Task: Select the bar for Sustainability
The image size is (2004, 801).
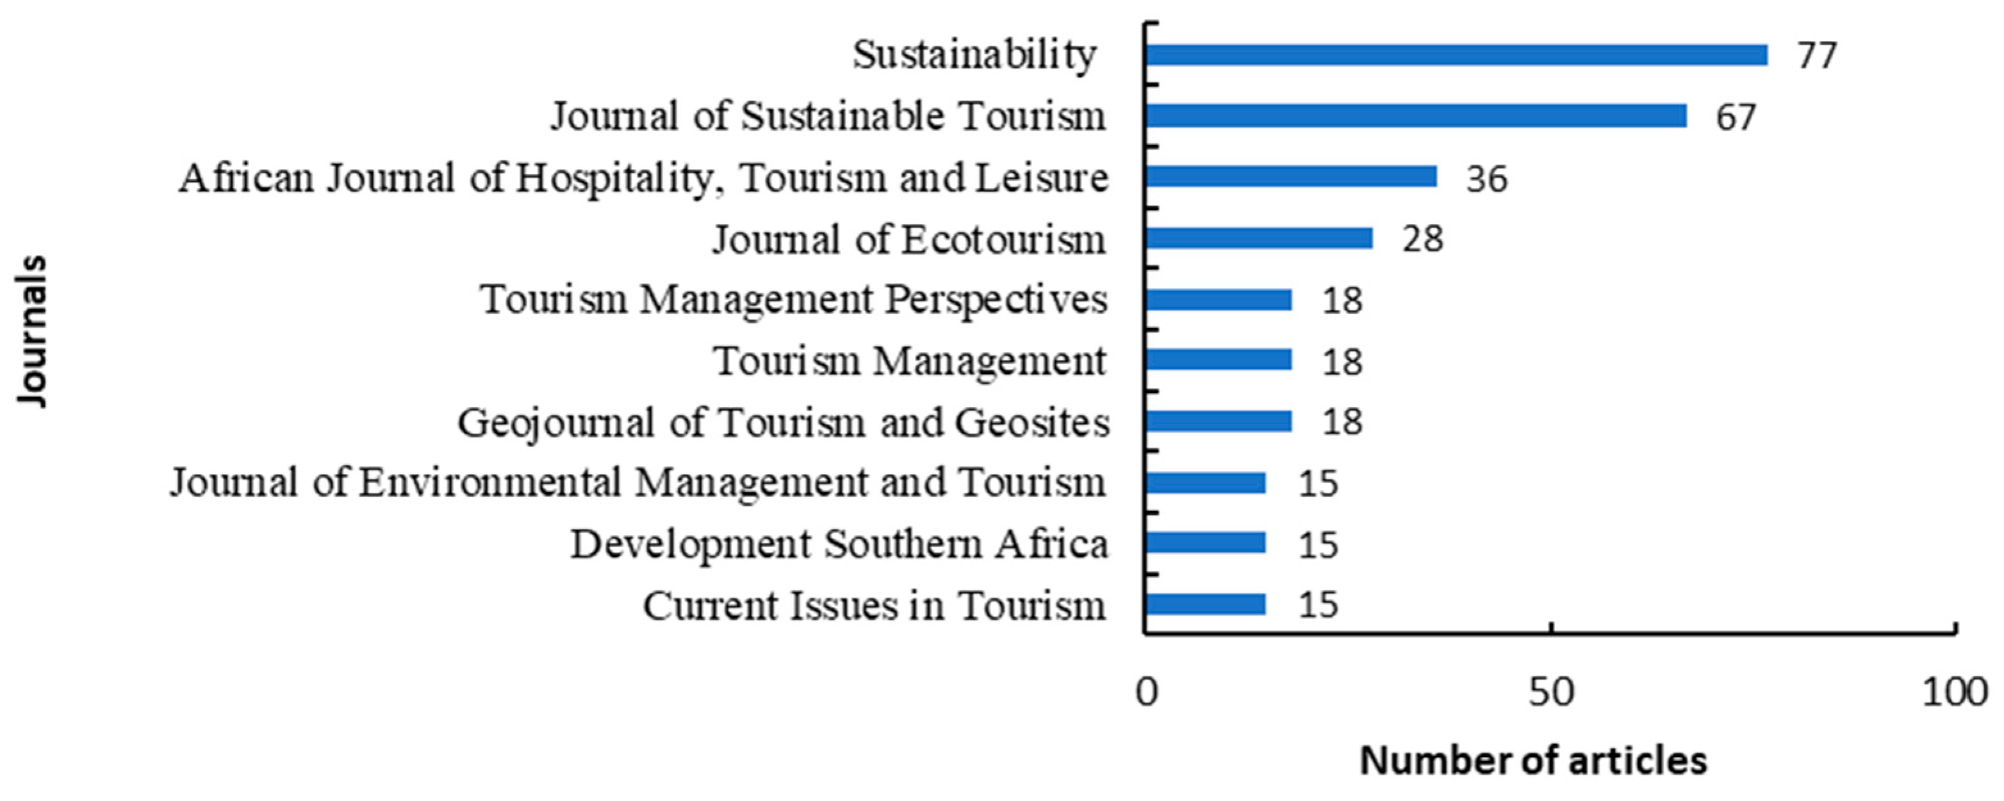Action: [x=1456, y=55]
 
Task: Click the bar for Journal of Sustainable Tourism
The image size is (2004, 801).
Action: [x=1416, y=116]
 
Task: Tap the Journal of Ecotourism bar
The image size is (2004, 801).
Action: [x=1259, y=238]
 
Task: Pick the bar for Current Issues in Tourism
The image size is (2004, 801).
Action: [x=1205, y=604]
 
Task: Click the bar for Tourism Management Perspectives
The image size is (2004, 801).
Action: [x=1219, y=300]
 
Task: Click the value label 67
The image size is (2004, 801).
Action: [x=1736, y=117]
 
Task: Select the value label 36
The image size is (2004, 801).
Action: [x=1486, y=178]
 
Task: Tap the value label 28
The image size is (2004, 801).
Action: [x=1422, y=239]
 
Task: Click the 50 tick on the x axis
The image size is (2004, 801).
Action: [x=1550, y=692]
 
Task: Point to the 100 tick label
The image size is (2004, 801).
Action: [x=1954, y=692]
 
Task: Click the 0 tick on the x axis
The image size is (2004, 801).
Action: [x=1147, y=692]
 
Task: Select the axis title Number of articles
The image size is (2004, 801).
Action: [x=1532, y=761]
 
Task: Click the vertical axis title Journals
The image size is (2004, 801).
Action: [x=33, y=330]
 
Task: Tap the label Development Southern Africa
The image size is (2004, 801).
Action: [x=839, y=544]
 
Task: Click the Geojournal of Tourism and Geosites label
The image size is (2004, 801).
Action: [x=783, y=423]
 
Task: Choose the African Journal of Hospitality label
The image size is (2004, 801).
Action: [x=643, y=178]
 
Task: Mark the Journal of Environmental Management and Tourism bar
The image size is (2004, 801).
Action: [x=1205, y=483]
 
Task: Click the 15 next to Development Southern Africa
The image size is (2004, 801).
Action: [x=1318, y=544]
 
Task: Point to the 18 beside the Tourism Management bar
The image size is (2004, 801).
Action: [x=1342, y=362]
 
